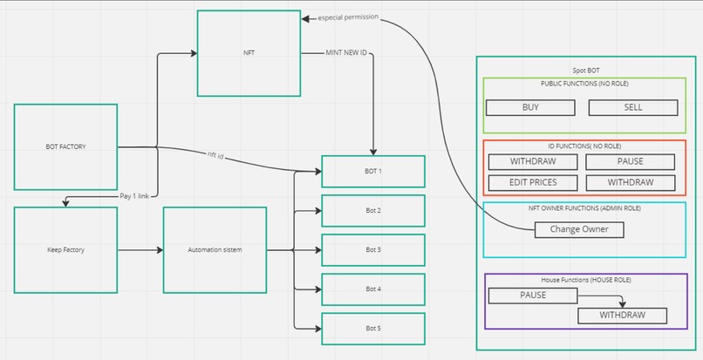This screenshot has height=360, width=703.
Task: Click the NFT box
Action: [249, 53]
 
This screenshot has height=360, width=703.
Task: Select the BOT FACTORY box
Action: [65, 146]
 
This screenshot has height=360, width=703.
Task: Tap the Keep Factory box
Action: [65, 250]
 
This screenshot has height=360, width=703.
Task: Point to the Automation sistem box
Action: [215, 250]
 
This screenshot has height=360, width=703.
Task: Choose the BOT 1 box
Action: [373, 171]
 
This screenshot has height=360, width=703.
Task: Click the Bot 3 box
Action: [373, 249]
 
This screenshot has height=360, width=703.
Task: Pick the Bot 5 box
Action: [373, 328]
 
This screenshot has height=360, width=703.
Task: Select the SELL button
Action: [633, 107]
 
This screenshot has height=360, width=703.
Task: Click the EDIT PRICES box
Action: [533, 182]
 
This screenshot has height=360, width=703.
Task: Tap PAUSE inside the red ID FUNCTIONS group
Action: [629, 162]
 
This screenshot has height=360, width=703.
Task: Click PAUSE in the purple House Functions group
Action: [532, 295]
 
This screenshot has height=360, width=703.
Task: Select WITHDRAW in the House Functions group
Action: [622, 315]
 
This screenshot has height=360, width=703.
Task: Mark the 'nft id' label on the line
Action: [215, 155]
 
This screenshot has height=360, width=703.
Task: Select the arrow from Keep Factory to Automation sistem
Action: [140, 250]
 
